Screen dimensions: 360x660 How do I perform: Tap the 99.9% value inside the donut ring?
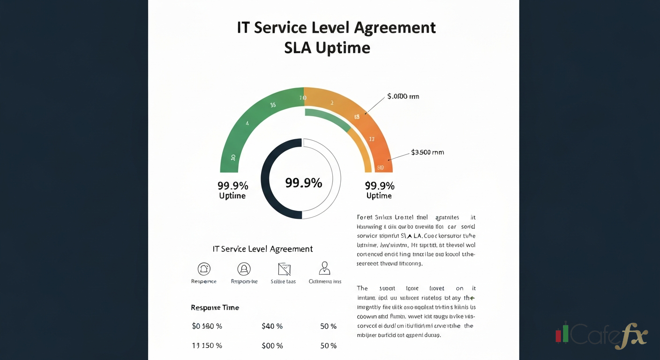[304, 183]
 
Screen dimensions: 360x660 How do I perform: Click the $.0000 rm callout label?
[403, 97]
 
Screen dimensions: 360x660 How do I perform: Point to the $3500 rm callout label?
[427, 152]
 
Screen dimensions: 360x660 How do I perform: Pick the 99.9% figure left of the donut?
[233, 185]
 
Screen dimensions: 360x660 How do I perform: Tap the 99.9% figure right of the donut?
[380, 185]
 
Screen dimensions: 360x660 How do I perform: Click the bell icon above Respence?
[204, 269]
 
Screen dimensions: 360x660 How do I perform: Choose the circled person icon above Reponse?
[244, 269]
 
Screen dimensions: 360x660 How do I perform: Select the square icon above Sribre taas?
[284, 269]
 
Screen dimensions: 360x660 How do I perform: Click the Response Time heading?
[215, 307]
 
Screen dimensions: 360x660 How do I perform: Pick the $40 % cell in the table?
[272, 326]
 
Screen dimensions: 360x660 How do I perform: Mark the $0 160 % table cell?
[207, 326]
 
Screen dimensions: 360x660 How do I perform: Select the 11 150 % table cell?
[207, 346]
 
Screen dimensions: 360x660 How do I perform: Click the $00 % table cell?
[272, 346]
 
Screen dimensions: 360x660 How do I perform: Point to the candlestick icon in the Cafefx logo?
[562, 333]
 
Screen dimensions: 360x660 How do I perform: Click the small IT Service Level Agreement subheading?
[262, 249]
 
